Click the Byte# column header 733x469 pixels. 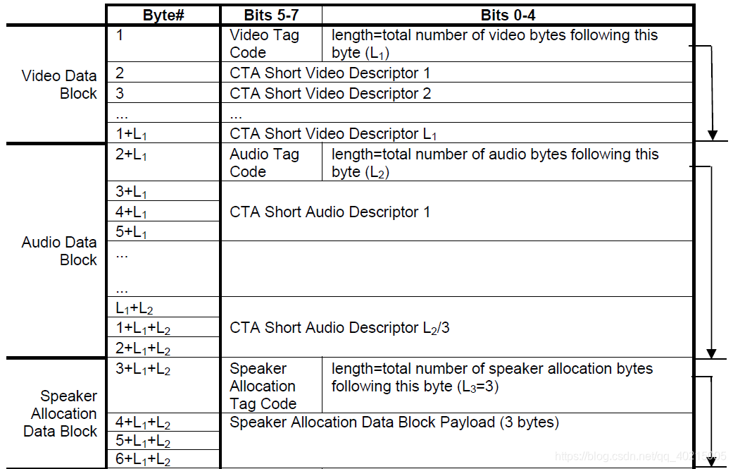click(x=163, y=16)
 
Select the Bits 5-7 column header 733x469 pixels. click(x=271, y=16)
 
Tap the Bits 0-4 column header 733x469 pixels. click(x=508, y=16)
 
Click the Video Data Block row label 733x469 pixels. click(x=59, y=84)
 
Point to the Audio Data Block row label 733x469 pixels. click(x=59, y=251)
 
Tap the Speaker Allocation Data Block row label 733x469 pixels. click(x=61, y=414)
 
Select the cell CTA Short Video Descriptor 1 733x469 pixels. click(x=330, y=73)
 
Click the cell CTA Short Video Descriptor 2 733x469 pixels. click(x=330, y=93)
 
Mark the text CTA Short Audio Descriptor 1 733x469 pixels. click(x=330, y=212)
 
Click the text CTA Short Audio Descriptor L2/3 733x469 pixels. click(x=339, y=328)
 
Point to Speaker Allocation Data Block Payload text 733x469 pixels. click(x=394, y=422)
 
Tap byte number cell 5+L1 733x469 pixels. click(x=131, y=232)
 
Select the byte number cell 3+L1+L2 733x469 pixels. click(x=142, y=369)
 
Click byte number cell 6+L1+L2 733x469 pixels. click(x=142, y=459)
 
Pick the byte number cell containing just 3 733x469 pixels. click(x=120, y=93)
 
